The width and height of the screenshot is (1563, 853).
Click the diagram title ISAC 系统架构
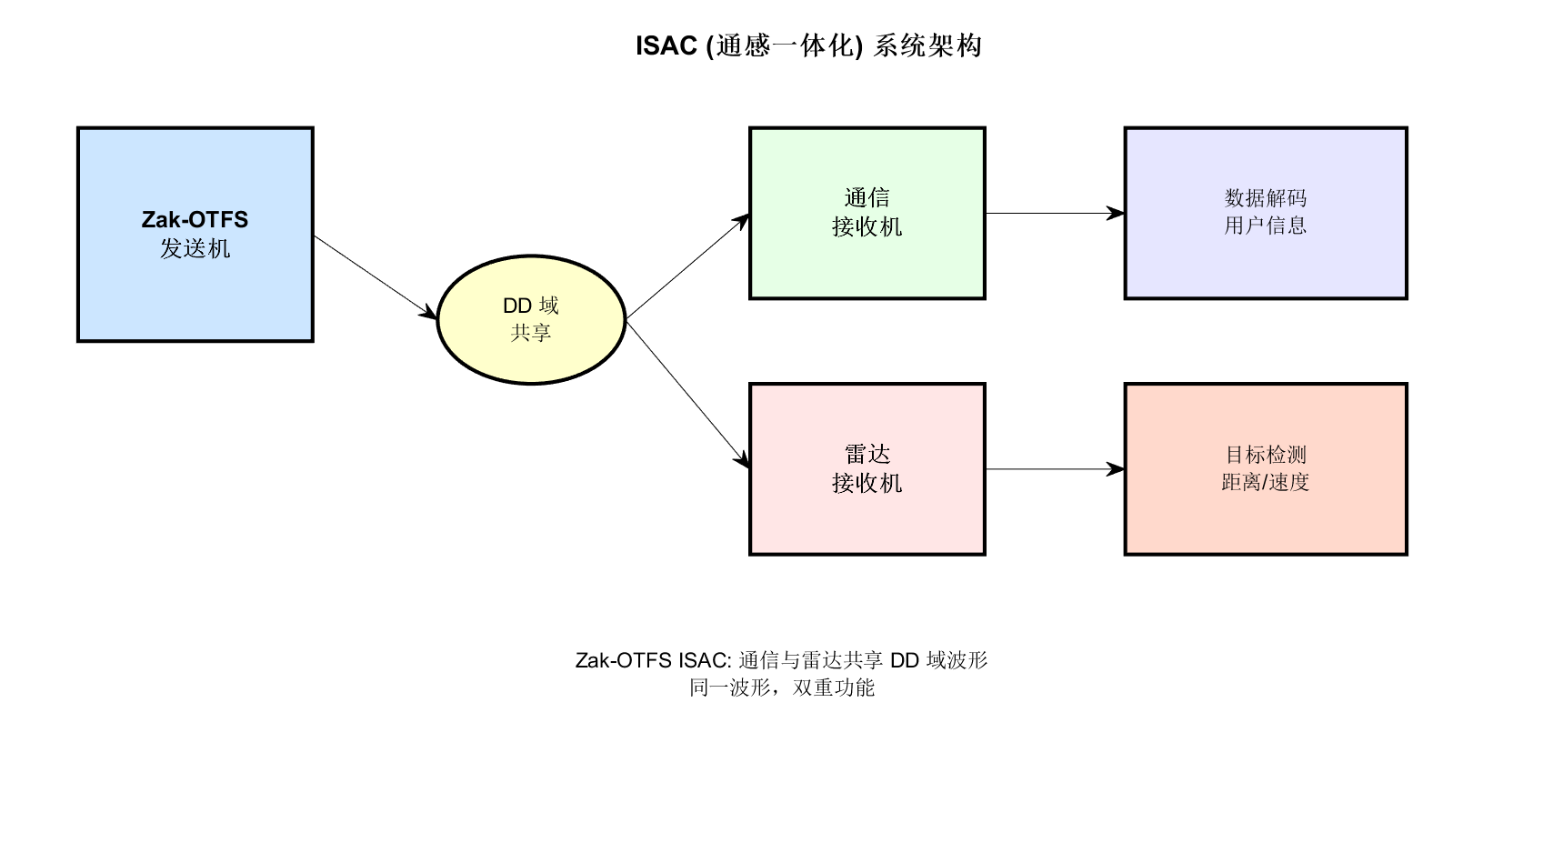808,45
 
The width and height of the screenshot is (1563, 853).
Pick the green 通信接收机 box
867,264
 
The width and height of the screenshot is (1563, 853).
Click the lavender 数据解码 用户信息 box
1265,264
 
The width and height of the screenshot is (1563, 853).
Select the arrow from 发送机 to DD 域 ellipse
376,276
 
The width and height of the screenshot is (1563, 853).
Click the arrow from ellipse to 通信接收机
687,266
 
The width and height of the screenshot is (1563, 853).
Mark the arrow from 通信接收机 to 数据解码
1055,214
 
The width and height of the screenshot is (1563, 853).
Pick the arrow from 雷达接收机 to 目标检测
1055,469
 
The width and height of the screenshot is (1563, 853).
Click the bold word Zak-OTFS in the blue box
195,219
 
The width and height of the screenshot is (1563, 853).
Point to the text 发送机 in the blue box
195,248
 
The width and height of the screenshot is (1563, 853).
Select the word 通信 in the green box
867,197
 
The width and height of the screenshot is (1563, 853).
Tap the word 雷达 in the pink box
867,454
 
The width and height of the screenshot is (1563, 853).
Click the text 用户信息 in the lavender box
1265,226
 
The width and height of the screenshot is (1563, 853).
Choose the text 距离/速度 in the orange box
1265,482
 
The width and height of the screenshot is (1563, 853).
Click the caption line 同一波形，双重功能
781,687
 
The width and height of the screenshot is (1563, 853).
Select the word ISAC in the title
666,45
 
